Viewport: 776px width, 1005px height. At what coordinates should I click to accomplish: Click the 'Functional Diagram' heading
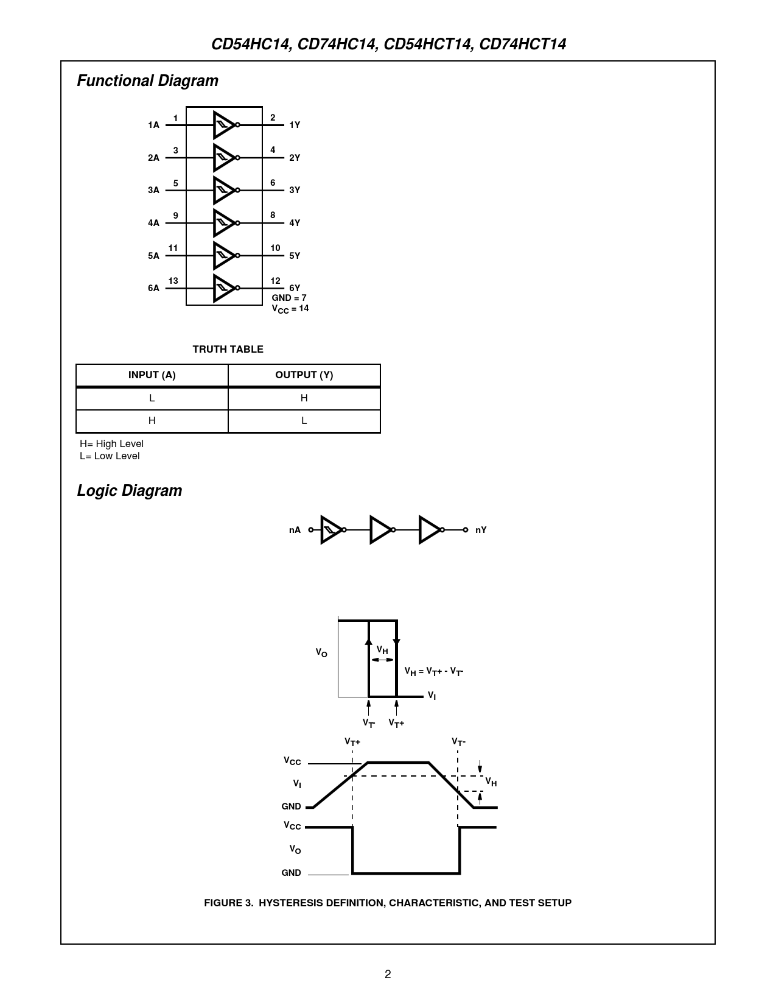[x=147, y=81]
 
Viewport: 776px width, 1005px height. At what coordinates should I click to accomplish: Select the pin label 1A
[x=153, y=125]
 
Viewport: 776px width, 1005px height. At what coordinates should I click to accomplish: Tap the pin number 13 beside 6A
[x=173, y=281]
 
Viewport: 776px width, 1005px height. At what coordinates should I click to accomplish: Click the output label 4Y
[x=295, y=223]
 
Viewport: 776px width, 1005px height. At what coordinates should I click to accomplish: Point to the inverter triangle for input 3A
[x=223, y=190]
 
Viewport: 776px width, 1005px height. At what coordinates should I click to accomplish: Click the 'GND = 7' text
[x=289, y=298]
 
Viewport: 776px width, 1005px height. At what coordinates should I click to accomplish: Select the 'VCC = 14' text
[x=290, y=309]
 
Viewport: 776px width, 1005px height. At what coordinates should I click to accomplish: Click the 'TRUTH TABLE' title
[x=228, y=349]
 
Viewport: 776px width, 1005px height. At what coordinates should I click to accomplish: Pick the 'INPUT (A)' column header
[x=152, y=375]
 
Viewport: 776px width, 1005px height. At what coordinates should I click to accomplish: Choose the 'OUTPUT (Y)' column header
[x=304, y=375]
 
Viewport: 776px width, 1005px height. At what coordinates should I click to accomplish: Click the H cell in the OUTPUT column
[x=304, y=398]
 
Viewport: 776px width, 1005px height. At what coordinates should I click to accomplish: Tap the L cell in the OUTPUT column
[x=304, y=421]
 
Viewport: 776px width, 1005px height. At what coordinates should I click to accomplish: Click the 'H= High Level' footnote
[x=112, y=444]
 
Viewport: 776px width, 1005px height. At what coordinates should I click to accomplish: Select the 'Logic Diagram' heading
[x=130, y=491]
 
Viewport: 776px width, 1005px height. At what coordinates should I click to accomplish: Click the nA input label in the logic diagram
[x=295, y=530]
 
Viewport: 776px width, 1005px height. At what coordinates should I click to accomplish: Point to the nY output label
[x=481, y=530]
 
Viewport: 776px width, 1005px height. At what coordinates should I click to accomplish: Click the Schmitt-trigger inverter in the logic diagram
[x=331, y=530]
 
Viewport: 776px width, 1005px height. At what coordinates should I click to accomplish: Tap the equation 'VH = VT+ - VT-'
[x=434, y=671]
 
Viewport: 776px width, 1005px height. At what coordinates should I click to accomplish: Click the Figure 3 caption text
[x=388, y=903]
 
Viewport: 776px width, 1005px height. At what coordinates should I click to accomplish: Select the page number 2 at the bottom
[x=388, y=974]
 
